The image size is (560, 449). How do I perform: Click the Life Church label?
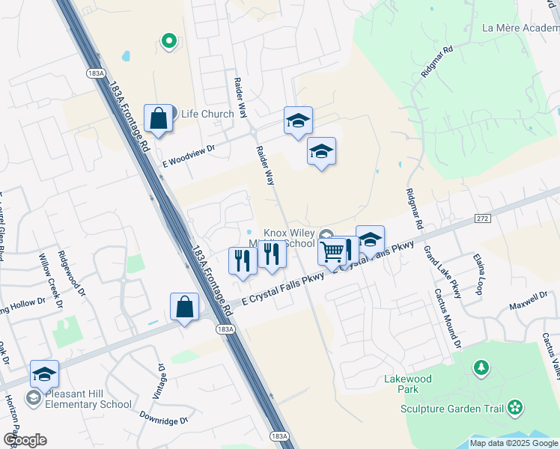[207, 114]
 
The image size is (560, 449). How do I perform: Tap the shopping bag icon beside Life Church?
[159, 117]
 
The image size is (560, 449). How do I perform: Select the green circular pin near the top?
[169, 41]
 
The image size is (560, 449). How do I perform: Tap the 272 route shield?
[482, 218]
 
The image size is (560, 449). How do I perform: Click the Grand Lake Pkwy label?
[442, 272]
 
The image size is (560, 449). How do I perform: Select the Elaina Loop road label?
[479, 273]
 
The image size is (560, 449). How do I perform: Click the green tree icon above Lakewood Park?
[481, 367]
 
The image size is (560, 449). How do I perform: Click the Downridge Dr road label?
[163, 421]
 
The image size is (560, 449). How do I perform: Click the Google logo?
[25, 440]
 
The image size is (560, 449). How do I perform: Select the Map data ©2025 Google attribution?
[513, 443]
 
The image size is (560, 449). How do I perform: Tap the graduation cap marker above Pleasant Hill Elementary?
[44, 373]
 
